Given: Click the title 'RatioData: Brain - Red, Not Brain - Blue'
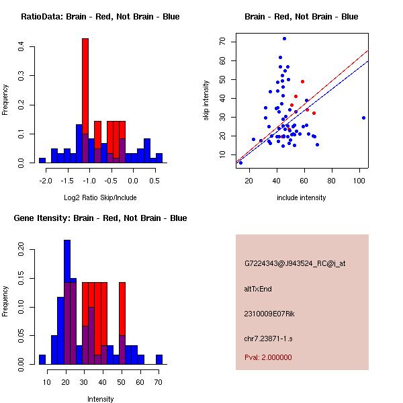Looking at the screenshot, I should (100, 17).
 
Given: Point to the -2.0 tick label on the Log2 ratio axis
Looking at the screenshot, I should (43, 181).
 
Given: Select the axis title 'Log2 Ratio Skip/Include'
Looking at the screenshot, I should (100, 197).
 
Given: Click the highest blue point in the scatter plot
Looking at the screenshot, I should (284, 38).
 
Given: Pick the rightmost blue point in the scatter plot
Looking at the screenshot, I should (363, 118).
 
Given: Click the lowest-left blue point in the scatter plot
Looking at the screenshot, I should (240, 163).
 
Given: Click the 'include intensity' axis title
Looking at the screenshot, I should (302, 197).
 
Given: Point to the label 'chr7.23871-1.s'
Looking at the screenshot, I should (267, 338).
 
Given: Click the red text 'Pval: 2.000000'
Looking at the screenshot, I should (268, 357).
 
